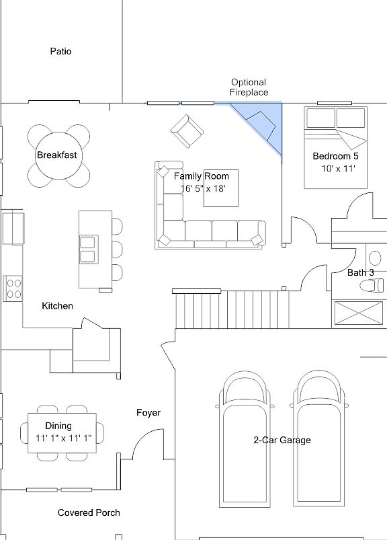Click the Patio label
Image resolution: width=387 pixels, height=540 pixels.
tap(61, 51)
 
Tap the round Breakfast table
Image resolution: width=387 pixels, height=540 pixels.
tap(56, 155)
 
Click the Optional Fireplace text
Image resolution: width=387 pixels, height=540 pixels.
tap(249, 87)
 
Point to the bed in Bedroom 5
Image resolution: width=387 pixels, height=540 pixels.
tap(336, 147)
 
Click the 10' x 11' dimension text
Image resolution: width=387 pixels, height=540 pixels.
tap(338, 168)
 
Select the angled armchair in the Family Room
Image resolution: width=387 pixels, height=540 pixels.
tap(187, 131)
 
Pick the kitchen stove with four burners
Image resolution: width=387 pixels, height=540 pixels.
tap(13, 288)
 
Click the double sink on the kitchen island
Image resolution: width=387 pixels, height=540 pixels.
tap(89, 249)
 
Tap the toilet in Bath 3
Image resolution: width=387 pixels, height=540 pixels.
tap(372, 285)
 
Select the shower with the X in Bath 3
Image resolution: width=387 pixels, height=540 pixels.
tap(359, 313)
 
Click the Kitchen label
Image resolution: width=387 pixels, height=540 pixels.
tap(58, 306)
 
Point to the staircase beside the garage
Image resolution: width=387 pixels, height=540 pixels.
tap(232, 309)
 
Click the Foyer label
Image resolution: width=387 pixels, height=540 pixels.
tap(148, 413)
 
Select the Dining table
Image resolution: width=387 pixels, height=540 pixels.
tap(62, 433)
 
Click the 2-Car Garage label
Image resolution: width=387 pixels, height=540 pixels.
tap(282, 440)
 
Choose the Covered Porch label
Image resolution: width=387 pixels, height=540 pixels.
tap(89, 513)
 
